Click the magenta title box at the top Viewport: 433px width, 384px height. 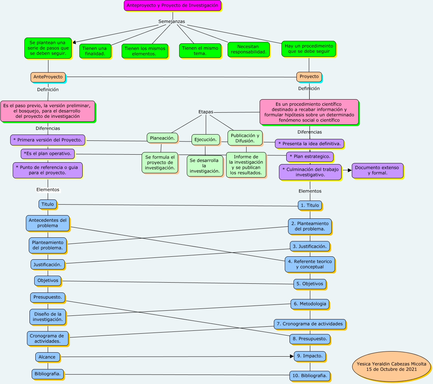172,5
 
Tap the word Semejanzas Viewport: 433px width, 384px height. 172,22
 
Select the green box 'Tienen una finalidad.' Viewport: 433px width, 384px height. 95,51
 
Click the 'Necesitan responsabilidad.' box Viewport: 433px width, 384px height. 248,49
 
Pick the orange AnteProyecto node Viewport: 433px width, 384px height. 48,77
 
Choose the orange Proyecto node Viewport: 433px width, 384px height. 309,77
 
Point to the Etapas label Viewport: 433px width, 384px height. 206,112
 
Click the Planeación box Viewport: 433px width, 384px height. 162,138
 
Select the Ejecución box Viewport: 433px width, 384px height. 205,140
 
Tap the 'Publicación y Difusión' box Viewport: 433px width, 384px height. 245,138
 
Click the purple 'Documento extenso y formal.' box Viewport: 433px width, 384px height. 377,170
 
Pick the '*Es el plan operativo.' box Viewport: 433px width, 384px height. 48,154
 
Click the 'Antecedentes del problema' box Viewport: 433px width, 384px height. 48,223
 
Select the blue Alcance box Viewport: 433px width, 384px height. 47,357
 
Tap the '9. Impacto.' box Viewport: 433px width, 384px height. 310,356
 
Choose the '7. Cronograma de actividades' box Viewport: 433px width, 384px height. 310,324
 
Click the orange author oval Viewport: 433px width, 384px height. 391,366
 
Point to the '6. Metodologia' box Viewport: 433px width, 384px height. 310,304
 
